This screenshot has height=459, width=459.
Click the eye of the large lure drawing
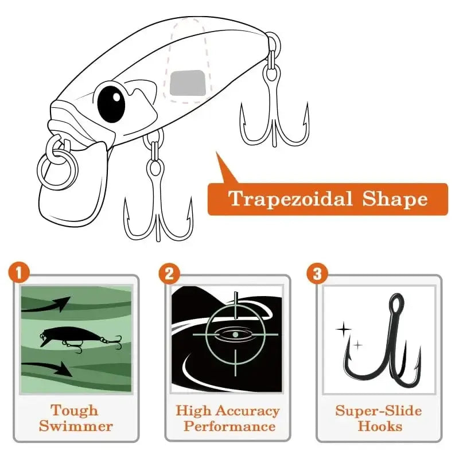click(111, 102)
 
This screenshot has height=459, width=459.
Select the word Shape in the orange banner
click(395, 199)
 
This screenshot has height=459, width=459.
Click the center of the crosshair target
click(235, 333)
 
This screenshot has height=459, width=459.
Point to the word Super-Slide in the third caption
click(378, 411)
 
